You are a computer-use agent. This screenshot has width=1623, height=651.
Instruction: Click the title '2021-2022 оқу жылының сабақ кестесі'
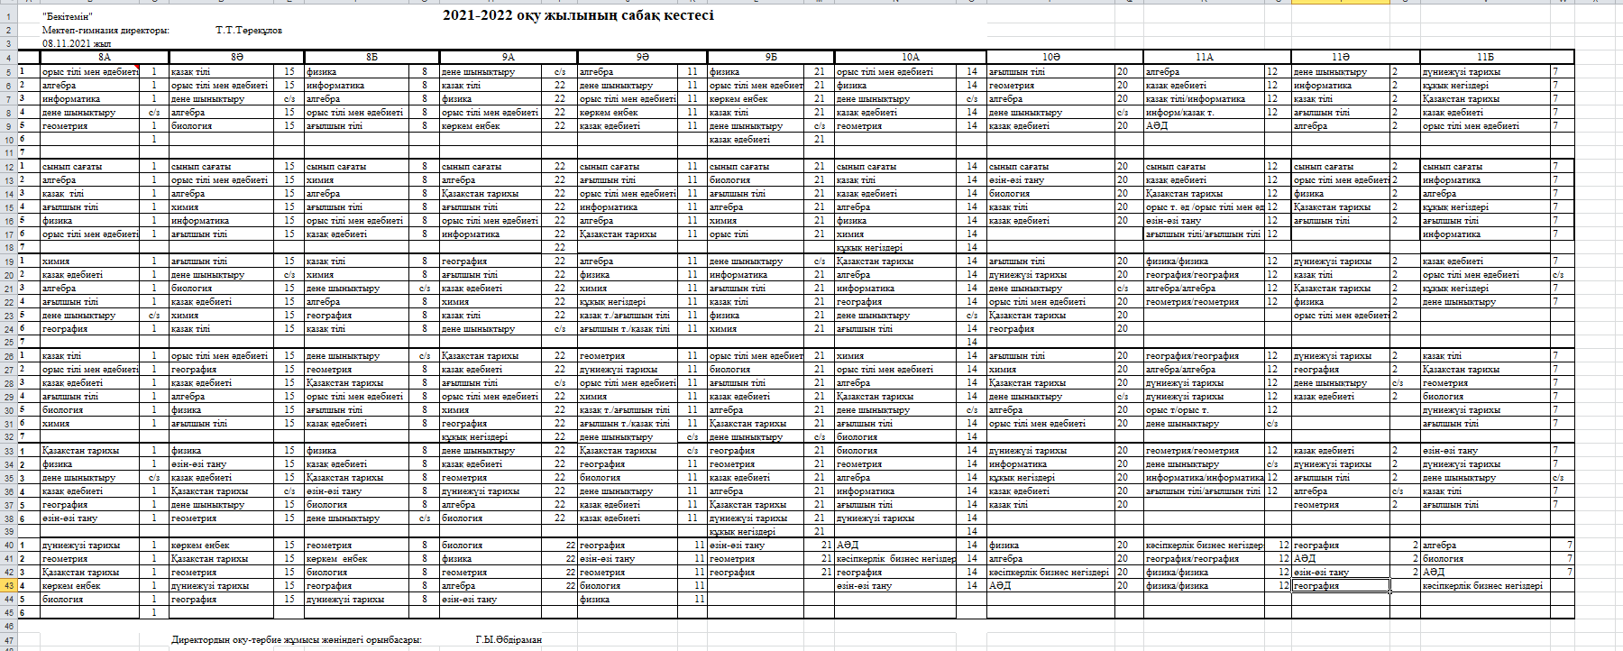pos(578,15)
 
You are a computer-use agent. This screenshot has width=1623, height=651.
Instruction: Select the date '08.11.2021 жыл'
pos(77,43)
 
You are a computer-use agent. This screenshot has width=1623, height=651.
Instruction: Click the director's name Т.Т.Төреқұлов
pos(249,30)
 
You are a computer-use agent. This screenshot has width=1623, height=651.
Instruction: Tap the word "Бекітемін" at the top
pos(67,17)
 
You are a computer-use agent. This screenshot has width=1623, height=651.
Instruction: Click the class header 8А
pos(104,57)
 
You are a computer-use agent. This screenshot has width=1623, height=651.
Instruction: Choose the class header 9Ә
pos(642,57)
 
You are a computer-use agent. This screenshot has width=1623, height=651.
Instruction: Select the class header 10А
pos(910,57)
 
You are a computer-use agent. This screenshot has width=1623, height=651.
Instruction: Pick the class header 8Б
pos(371,57)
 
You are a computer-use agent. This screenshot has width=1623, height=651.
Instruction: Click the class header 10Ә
pos(1050,57)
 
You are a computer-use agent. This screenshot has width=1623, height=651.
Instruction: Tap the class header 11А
pos(1205,57)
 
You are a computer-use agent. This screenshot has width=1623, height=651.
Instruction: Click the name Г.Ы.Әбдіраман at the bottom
pos(509,639)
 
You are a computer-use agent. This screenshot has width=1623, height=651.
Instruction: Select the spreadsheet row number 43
pos(8,585)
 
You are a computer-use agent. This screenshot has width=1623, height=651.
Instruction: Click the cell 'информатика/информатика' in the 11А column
pos(1204,478)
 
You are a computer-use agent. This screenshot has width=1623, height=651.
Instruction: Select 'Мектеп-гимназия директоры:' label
pos(105,30)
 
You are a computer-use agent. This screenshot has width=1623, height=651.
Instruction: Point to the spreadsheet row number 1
pos(8,16)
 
